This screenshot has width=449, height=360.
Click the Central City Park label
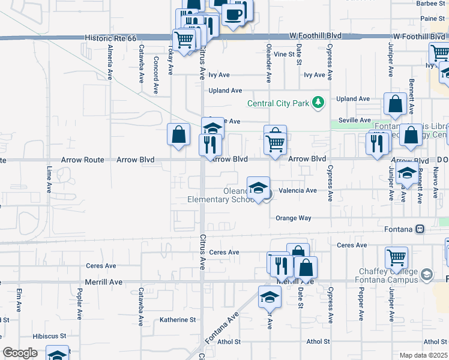point(278,103)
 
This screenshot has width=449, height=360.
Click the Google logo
point(20,352)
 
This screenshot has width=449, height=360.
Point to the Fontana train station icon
point(420,229)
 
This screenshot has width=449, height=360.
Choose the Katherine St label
point(178,320)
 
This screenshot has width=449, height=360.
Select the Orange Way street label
point(293,218)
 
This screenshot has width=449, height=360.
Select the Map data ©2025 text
point(424,355)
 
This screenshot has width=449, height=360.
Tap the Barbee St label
point(432,3)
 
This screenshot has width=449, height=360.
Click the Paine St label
point(432,19)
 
